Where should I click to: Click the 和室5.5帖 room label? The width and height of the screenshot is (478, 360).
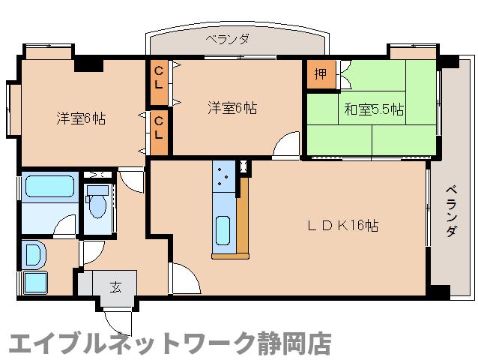click(x=374, y=109)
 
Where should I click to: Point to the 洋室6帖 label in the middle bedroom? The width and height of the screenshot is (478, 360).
click(x=232, y=108)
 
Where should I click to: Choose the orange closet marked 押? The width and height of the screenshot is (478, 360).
click(x=320, y=74)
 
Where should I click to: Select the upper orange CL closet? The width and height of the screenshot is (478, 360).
click(x=160, y=76)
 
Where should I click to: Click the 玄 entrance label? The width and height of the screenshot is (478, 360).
click(x=116, y=286)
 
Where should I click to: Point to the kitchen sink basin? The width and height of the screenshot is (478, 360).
click(x=223, y=229)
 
